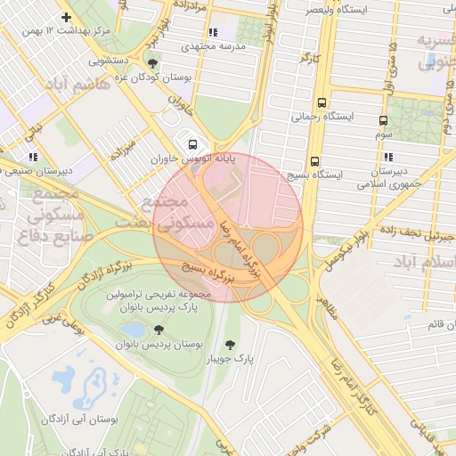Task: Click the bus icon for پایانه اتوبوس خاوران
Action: [190, 144]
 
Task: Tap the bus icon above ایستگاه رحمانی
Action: [322, 102]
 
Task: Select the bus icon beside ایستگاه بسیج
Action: [314, 161]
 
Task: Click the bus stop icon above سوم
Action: [383, 120]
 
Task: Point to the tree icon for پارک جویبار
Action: [232, 345]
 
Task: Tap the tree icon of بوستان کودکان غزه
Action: [155, 63]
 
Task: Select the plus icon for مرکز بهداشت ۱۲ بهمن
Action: [66, 17]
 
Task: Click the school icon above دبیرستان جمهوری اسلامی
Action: [389, 156]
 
